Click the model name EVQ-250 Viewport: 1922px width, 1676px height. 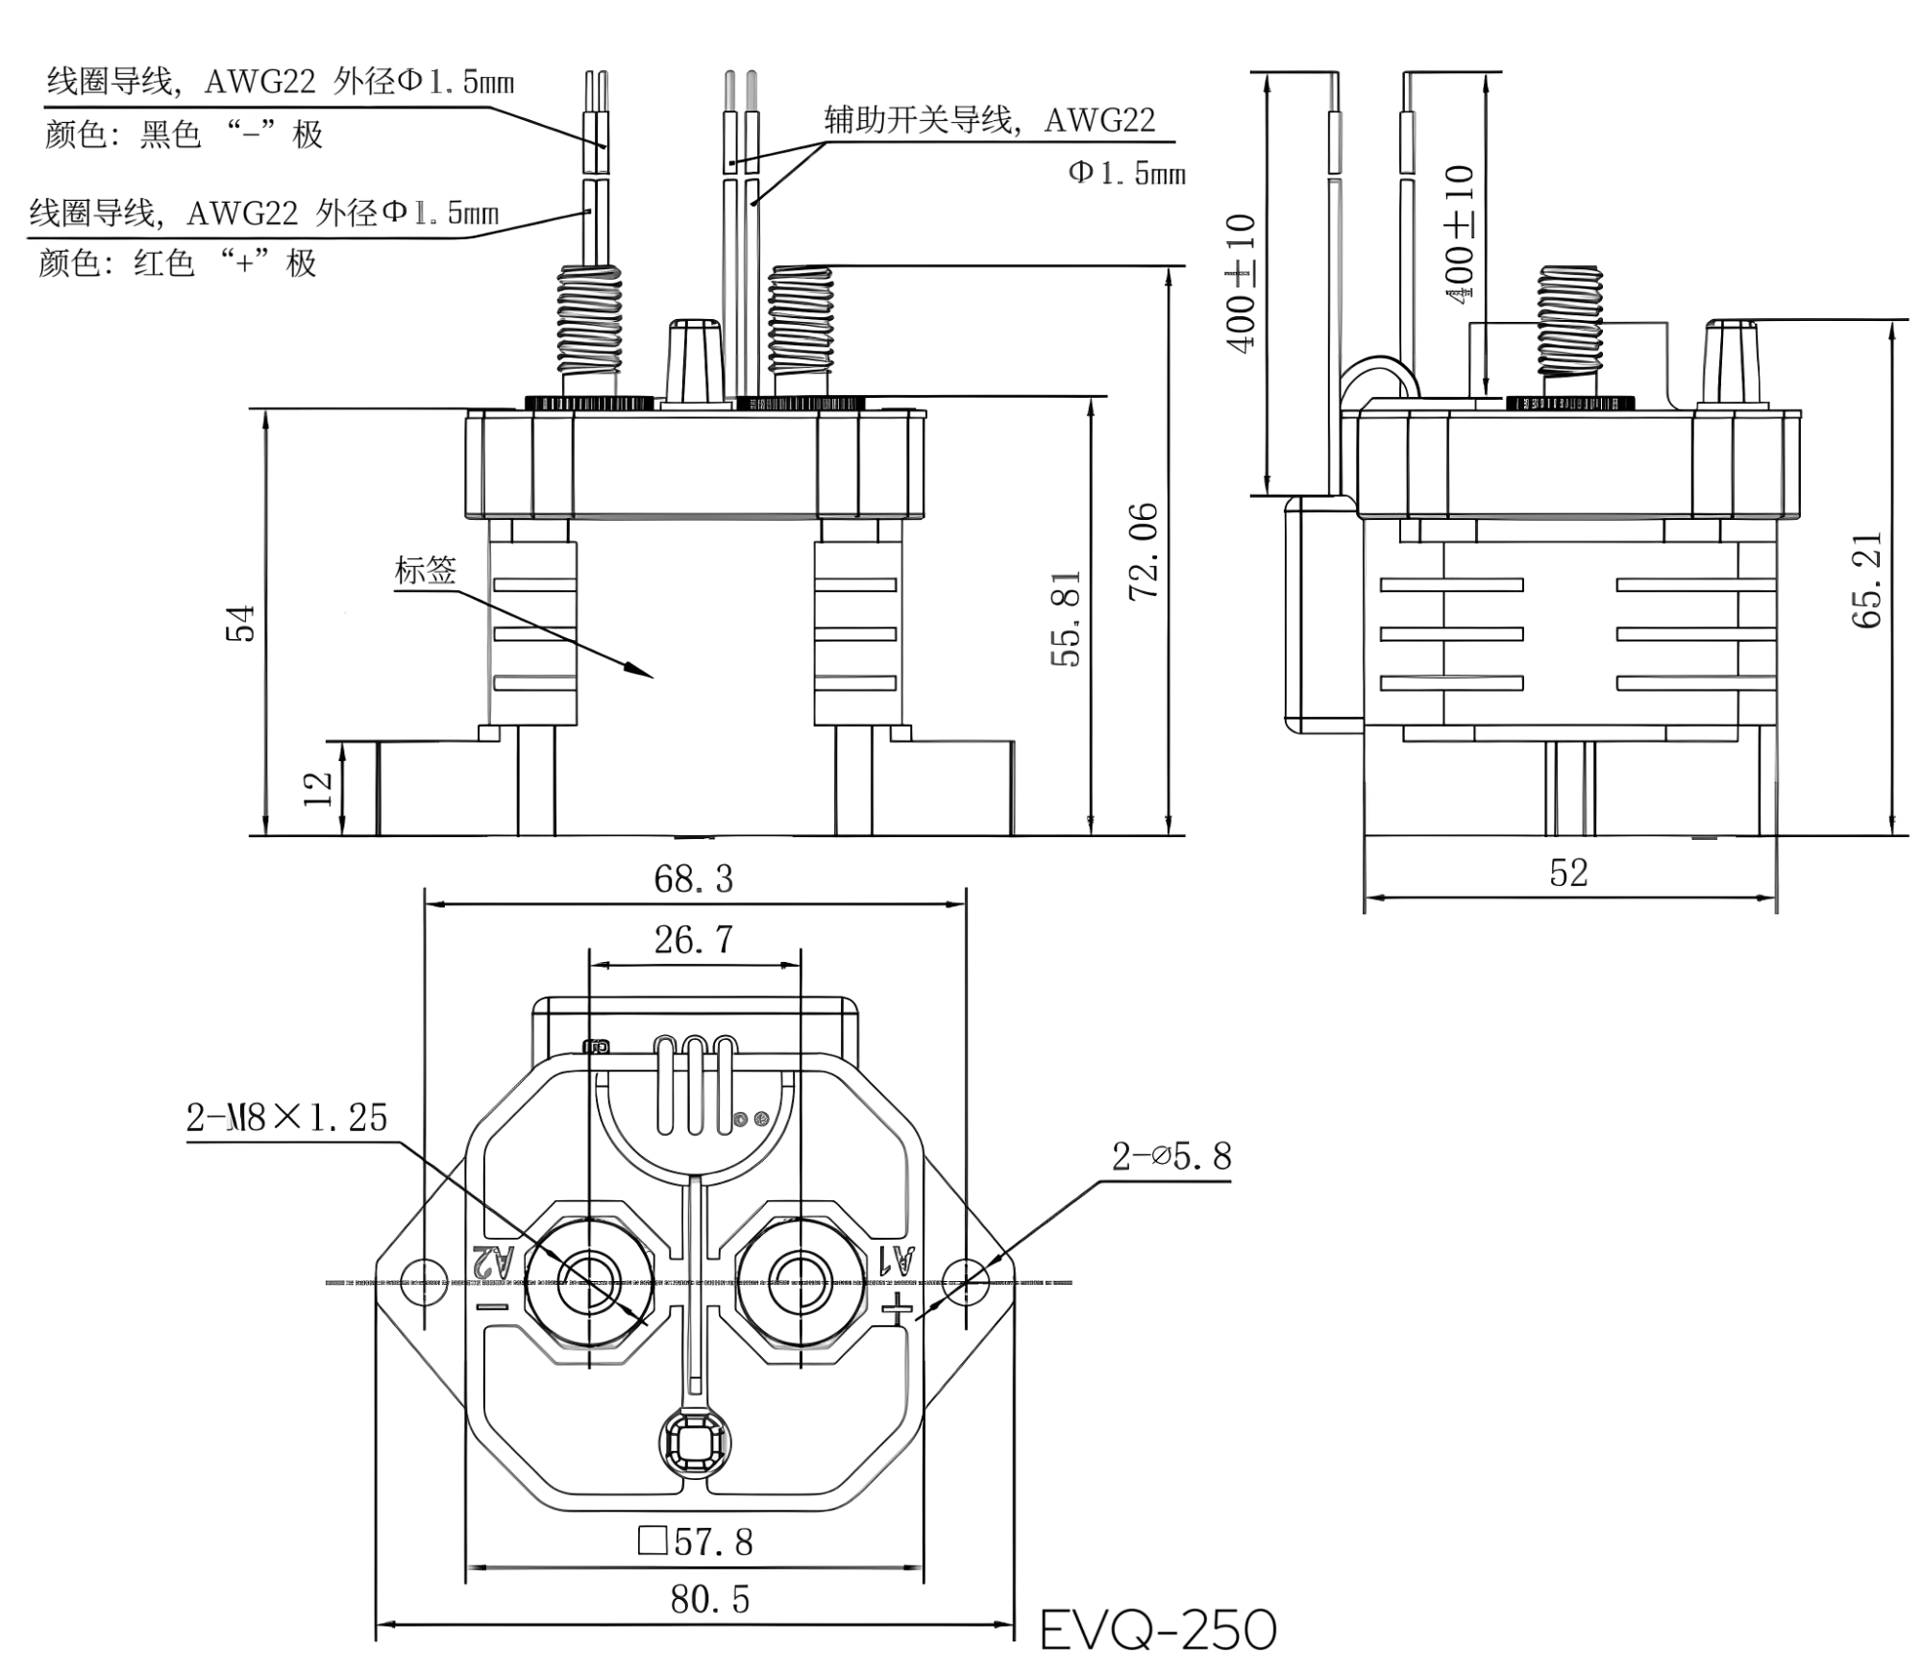tap(1158, 1629)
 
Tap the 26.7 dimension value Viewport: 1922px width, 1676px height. tap(693, 940)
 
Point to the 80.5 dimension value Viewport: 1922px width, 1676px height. tap(709, 1599)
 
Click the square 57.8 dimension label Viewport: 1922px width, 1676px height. tap(695, 1541)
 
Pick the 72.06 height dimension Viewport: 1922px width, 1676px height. tap(1144, 552)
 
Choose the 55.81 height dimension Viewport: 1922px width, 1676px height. tap(1067, 618)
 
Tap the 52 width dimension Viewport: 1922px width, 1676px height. tap(1568, 873)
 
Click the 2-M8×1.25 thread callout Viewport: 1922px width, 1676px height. tap(286, 1118)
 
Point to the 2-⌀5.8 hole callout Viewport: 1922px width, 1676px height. tap(1171, 1156)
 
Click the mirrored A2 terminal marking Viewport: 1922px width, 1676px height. tap(494, 1260)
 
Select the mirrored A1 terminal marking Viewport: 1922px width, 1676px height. tap(894, 1258)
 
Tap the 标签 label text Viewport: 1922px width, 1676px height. tap(425, 570)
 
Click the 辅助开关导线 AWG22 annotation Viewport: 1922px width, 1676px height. tap(990, 120)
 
